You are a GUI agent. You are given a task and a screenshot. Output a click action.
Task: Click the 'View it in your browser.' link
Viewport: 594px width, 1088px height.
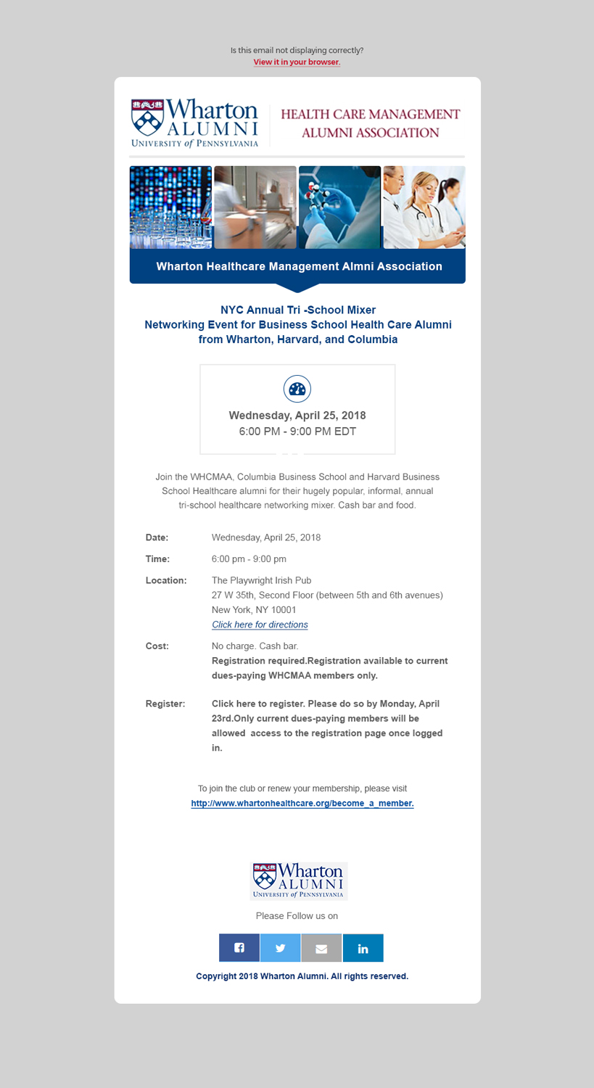tap(297, 62)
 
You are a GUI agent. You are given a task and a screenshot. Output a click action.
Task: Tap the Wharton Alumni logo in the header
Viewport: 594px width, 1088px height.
tap(194, 123)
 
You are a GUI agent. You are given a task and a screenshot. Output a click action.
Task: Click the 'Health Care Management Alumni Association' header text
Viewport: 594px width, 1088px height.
tap(370, 123)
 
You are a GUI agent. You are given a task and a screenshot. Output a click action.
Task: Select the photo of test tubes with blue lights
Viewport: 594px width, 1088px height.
tap(170, 207)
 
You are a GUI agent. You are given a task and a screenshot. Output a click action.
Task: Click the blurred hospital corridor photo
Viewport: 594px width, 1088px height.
tap(255, 207)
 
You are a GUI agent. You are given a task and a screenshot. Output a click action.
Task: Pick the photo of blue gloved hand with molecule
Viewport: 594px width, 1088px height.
tap(339, 207)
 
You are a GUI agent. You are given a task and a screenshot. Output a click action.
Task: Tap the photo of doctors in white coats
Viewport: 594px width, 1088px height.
tap(424, 207)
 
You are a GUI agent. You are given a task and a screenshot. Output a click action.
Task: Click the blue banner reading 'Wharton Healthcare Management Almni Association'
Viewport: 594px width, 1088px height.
tap(298, 266)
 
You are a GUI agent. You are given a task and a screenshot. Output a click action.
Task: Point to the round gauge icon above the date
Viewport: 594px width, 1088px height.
tap(297, 390)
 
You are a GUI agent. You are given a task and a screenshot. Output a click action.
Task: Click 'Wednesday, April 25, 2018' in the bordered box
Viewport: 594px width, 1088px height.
tap(297, 416)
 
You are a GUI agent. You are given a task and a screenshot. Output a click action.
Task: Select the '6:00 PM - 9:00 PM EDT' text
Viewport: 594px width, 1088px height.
tap(297, 432)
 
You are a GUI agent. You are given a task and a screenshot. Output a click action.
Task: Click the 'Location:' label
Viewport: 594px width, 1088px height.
tap(166, 580)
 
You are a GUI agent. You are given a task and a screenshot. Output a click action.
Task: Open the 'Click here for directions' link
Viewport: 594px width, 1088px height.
tap(260, 625)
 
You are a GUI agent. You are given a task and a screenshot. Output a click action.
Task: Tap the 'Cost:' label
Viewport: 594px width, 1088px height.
tap(157, 646)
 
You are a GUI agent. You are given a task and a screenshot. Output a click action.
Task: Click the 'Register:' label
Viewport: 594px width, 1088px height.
tap(165, 704)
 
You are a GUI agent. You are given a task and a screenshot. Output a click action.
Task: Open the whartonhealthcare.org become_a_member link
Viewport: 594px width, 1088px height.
tap(302, 804)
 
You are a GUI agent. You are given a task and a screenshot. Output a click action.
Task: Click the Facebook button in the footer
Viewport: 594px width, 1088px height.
tap(239, 948)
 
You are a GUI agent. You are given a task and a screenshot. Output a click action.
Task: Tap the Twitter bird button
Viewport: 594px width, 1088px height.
tap(281, 948)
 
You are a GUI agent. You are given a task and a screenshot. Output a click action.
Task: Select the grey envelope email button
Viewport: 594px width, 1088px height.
tap(321, 948)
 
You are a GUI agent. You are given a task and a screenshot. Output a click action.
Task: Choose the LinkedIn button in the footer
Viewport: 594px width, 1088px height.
tap(363, 948)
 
